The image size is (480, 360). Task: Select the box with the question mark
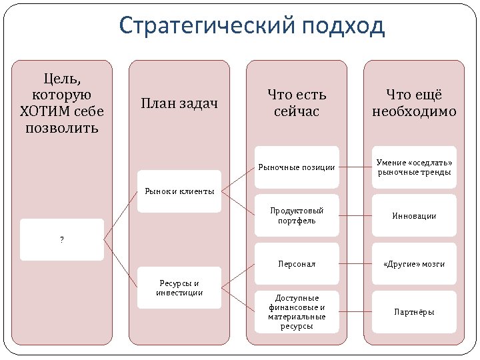point(62,239)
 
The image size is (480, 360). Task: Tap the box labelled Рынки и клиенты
point(179,192)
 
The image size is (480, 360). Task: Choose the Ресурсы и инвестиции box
point(179,287)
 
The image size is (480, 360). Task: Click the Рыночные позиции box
point(297,167)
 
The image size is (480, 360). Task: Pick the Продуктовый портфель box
point(297,215)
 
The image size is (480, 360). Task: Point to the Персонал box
point(297,264)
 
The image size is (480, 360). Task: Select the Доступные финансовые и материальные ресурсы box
point(297,311)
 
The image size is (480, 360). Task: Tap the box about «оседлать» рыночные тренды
point(414,167)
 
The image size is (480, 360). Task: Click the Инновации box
point(414,216)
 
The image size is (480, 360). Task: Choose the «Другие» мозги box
point(414,264)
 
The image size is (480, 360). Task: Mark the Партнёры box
point(414,311)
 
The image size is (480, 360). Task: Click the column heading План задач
point(179,103)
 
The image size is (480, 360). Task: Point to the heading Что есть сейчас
point(297,103)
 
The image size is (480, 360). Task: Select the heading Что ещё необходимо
point(414,103)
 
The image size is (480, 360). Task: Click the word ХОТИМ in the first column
point(46,111)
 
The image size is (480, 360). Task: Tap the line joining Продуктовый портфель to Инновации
point(355,216)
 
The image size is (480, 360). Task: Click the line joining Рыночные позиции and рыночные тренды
point(355,167)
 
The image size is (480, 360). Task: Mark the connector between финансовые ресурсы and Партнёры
point(355,311)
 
